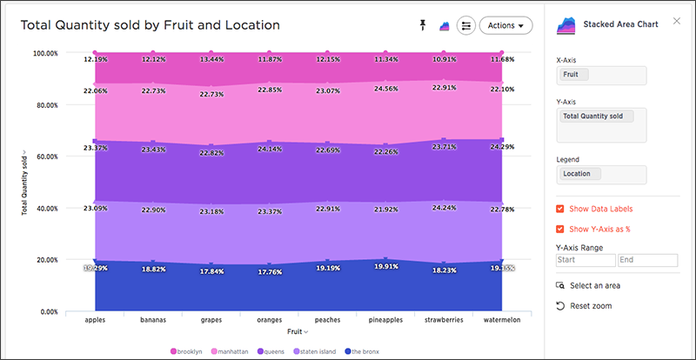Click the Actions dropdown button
coord(505,26)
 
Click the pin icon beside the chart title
coord(423,25)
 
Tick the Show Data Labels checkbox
coord(560,209)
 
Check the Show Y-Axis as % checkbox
coord(560,229)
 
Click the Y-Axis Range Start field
coord(586,260)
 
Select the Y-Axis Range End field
coord(648,260)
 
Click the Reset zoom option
coord(584,306)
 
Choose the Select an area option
coord(588,285)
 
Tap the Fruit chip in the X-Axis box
coord(574,75)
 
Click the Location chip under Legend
coord(580,174)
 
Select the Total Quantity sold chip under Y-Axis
coord(597,117)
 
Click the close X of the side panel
coord(677,21)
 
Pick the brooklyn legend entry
coord(186,351)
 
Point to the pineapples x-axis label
coord(385,320)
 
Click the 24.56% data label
coord(385,89)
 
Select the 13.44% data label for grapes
coord(211,60)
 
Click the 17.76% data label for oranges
coord(270,272)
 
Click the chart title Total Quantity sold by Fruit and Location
coord(151,25)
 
